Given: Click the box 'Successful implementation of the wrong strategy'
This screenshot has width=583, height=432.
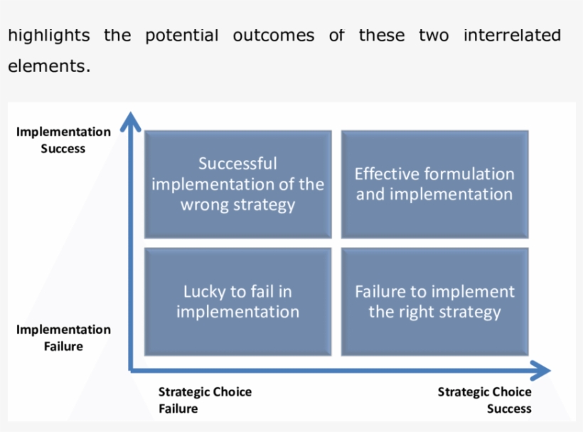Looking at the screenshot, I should (237, 184).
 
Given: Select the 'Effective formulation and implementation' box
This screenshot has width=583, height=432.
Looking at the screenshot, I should (434, 184).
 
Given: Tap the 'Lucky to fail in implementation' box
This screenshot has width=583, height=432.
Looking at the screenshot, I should (237, 302).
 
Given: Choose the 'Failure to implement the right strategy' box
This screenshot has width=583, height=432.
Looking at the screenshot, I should (434, 302).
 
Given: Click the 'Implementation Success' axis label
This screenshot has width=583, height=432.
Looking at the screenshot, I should (63, 140).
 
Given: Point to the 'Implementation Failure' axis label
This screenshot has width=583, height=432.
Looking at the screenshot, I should (63, 338).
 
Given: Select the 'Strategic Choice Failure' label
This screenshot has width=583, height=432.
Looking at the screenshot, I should (204, 400).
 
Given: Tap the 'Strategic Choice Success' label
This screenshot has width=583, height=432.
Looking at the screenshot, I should (485, 400).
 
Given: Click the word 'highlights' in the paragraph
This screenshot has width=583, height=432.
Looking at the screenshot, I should (49, 36).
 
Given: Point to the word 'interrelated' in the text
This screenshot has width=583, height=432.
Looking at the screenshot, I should (512, 36).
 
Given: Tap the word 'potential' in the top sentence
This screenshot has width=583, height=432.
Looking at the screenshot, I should (182, 36).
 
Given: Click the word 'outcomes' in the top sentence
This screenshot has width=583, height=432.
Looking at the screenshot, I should (274, 36).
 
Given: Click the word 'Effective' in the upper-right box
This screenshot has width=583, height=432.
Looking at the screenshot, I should (387, 174).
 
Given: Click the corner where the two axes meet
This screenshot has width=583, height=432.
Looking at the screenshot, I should (131, 369).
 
